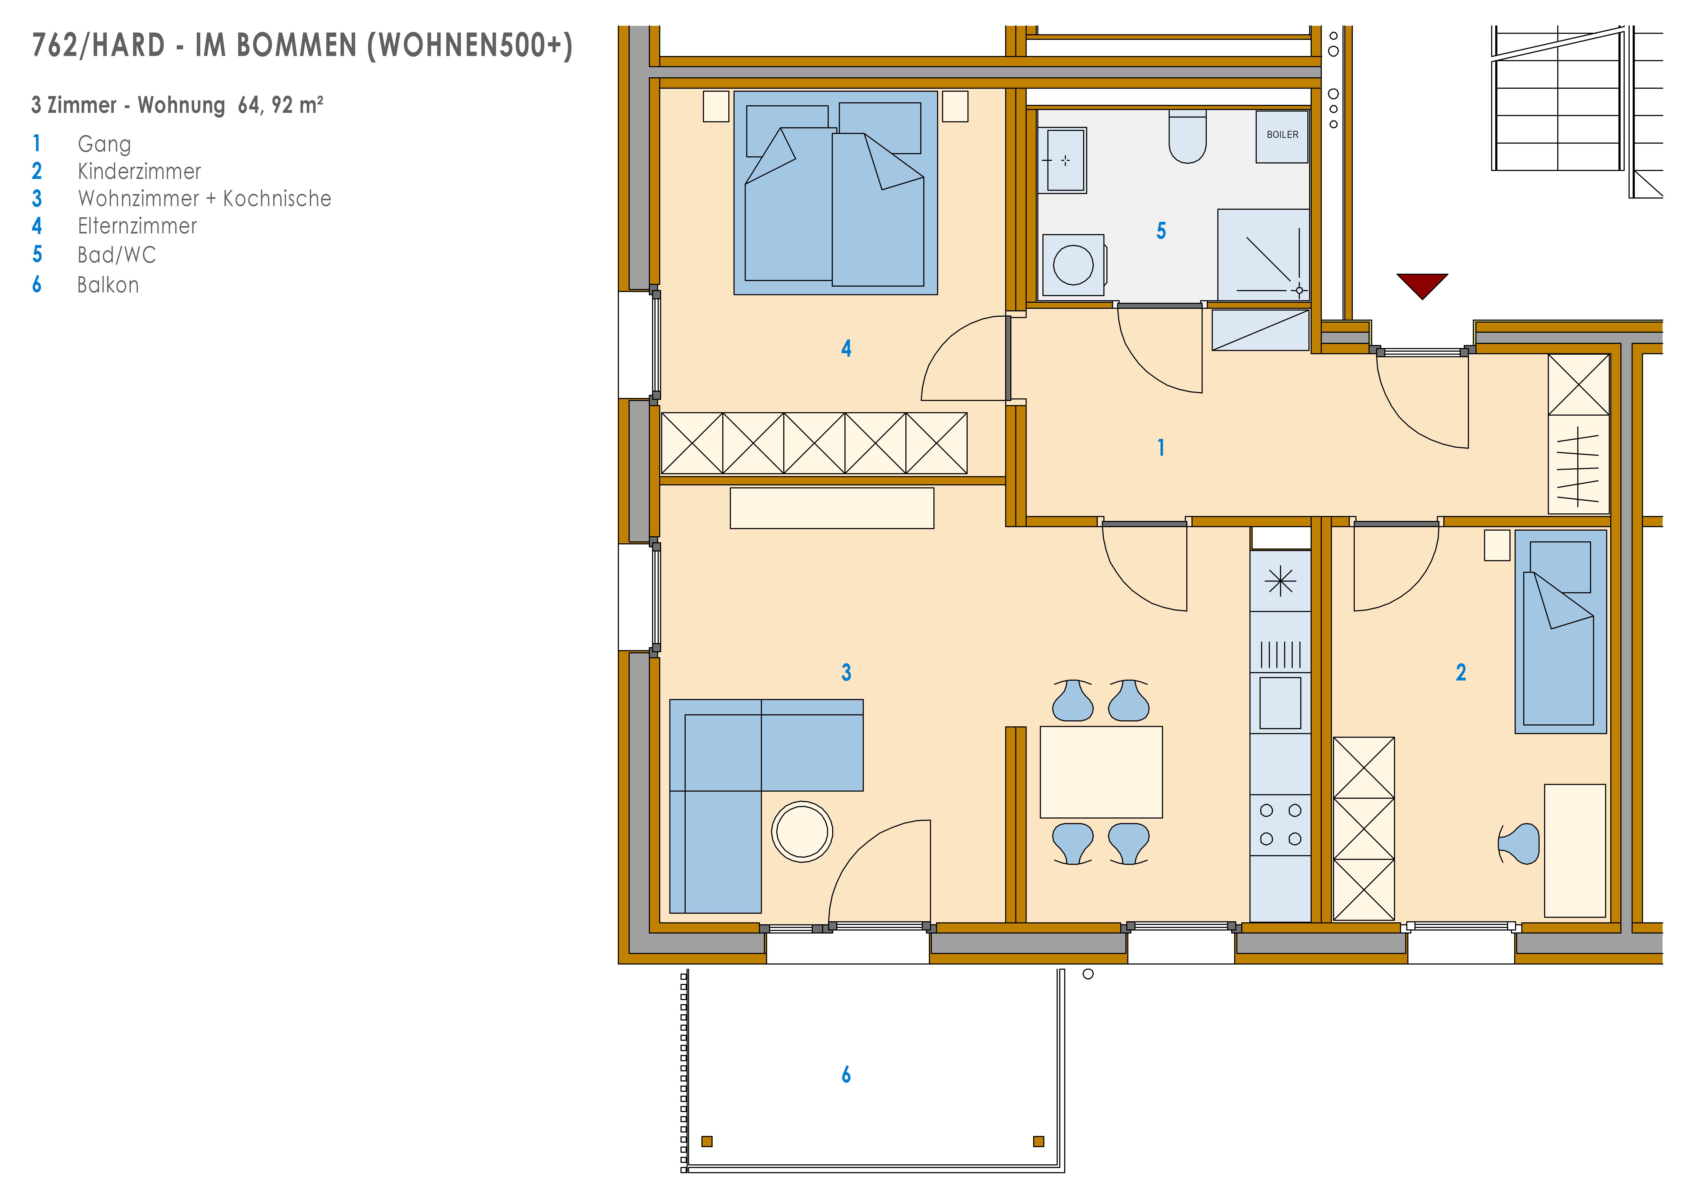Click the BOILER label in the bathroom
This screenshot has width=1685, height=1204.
1282,135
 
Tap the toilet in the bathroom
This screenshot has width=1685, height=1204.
1187,136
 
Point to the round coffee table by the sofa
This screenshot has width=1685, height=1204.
802,832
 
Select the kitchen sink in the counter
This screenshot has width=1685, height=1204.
1280,703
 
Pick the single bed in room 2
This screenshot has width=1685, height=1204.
1560,632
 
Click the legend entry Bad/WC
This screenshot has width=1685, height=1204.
117,255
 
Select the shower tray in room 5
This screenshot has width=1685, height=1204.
1263,255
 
